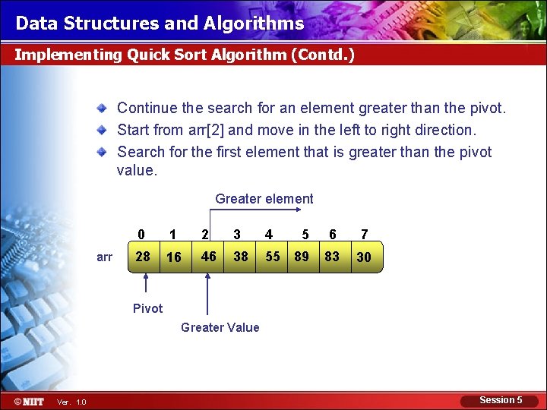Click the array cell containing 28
(x=143, y=257)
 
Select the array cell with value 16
(x=174, y=257)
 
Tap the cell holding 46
(x=208, y=257)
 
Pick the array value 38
(x=240, y=257)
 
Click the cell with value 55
(x=272, y=257)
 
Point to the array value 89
(x=302, y=257)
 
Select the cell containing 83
(x=332, y=257)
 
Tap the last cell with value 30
(x=364, y=257)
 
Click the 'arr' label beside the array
(x=105, y=257)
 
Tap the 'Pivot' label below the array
(x=147, y=308)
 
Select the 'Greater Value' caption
(x=220, y=327)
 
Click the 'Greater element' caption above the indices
(x=264, y=199)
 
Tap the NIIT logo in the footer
(x=29, y=401)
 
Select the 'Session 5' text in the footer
(x=501, y=400)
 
